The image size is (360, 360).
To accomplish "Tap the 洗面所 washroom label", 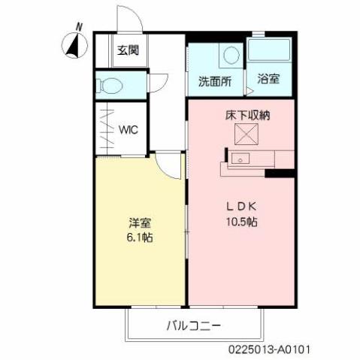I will coord(214,80).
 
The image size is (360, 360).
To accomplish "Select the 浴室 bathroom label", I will coord(268,78).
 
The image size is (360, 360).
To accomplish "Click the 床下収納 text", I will coord(247,116).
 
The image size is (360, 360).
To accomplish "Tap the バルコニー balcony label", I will coord(193,326).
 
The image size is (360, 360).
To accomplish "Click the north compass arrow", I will coord(73,47).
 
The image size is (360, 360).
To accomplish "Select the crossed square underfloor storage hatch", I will coord(247,135).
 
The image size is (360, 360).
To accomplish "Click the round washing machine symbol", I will coord(231,55).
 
